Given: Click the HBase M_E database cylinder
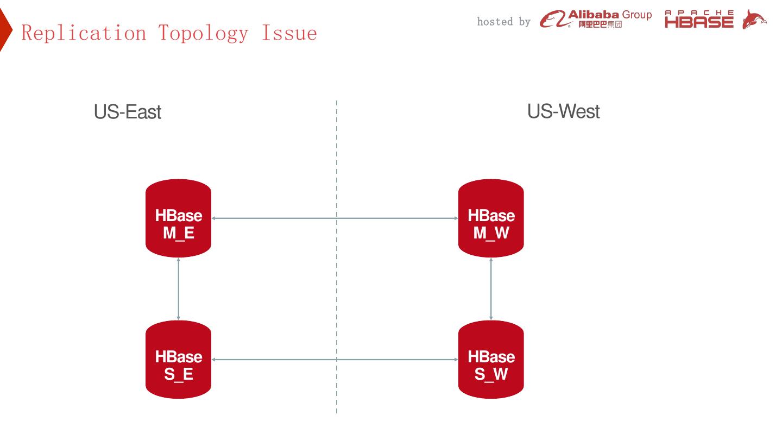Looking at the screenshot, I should tap(178, 218).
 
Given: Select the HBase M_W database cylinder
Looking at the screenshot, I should tap(491, 218).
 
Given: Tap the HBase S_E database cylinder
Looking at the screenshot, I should tap(178, 360).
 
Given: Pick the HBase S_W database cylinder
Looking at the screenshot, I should tap(491, 360).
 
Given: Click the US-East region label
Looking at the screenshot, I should tap(128, 112).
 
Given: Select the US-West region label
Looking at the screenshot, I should tap(563, 111).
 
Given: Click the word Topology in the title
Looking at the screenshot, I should tap(203, 33).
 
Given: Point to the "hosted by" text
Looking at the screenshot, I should tap(503, 22).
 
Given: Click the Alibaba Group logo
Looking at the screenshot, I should tap(596, 18).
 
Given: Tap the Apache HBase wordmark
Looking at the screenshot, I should tap(699, 20).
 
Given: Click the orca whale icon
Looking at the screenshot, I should tap(754, 20).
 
